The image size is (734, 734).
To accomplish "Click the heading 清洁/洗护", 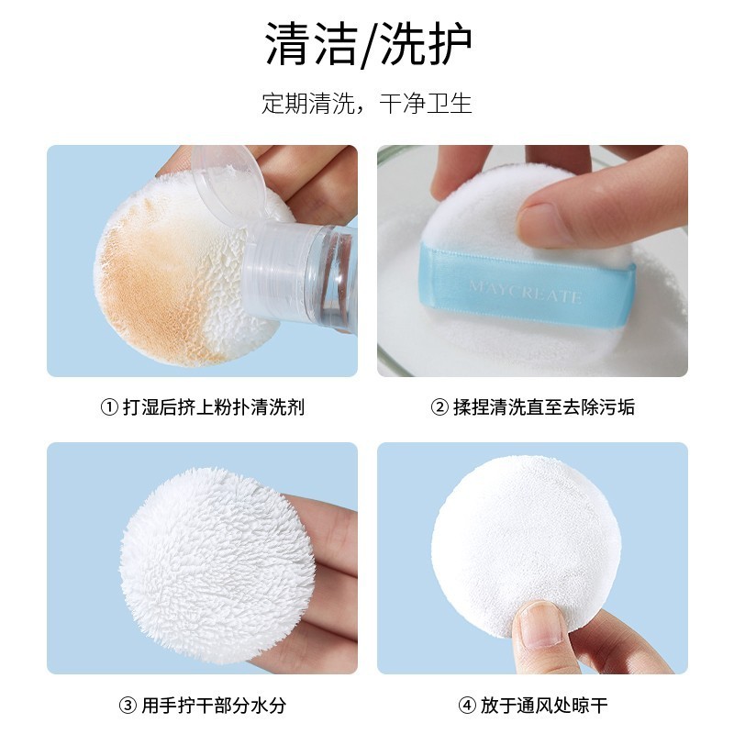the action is (x=368, y=43).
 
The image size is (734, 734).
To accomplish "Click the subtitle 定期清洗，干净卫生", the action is (x=366, y=104).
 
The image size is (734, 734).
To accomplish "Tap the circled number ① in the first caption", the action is (x=109, y=407).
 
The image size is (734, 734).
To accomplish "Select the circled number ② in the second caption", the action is (x=439, y=407).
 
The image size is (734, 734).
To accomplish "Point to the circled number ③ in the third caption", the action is (x=128, y=705).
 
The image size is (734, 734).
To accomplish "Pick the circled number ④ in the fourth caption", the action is (x=467, y=705).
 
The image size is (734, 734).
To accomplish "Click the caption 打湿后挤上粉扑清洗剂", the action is (x=214, y=407).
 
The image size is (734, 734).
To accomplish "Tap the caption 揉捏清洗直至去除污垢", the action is (x=544, y=407).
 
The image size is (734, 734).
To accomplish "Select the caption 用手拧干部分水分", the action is (x=214, y=705).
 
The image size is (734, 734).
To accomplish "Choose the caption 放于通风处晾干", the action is (x=544, y=705).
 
